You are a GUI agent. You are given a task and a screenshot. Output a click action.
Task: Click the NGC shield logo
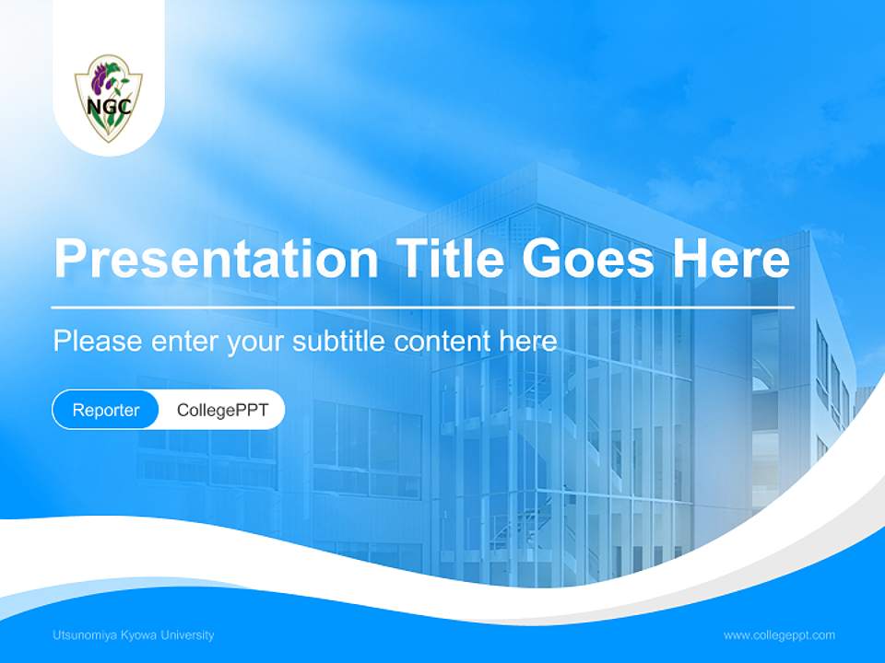tap(109, 98)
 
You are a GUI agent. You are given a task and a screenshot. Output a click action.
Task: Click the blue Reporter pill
tap(106, 410)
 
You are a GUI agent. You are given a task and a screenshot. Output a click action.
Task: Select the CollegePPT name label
tap(222, 410)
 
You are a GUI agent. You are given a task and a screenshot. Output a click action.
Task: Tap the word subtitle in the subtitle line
tap(338, 341)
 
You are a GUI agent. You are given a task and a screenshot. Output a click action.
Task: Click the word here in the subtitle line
tap(528, 341)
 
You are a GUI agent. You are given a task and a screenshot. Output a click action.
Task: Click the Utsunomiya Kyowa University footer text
tap(134, 634)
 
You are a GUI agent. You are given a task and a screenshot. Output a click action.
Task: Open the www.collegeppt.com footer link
tap(779, 634)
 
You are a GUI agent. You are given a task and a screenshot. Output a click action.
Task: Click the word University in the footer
tap(187, 634)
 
